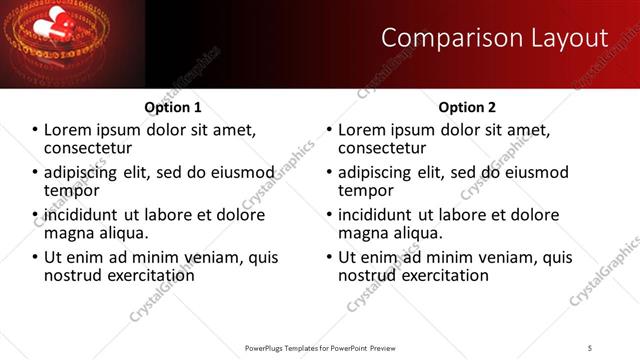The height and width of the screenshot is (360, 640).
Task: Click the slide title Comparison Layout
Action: point(495,38)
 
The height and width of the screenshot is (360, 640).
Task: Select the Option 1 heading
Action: point(173,107)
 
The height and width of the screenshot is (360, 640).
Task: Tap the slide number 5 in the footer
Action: point(590,347)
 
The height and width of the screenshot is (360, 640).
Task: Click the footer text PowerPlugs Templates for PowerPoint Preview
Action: point(320,347)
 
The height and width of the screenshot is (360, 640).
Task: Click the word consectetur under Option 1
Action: point(88,147)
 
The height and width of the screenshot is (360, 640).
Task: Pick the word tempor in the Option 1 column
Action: point(71,190)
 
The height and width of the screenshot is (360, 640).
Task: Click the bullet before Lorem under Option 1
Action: point(35,130)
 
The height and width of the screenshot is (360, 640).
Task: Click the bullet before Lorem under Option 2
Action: point(329,130)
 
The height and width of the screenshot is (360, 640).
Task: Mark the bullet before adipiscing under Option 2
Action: point(329,173)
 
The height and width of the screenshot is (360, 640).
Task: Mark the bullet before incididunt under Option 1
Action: point(35,215)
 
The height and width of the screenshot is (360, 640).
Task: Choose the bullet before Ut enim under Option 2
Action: point(329,257)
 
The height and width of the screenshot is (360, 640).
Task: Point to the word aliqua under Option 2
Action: point(420,232)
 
